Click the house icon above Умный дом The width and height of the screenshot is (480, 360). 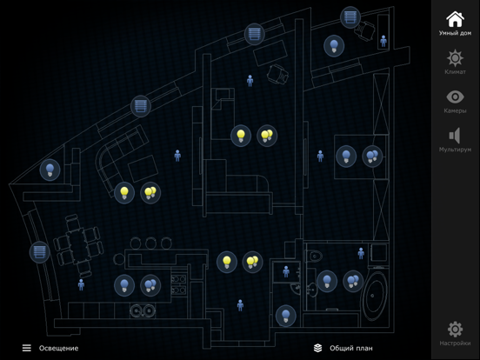[455, 19]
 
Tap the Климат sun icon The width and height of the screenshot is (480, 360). [455, 58]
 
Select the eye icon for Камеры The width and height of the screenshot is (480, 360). [455, 97]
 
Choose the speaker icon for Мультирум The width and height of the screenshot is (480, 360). [455, 136]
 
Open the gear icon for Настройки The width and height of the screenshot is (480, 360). [455, 330]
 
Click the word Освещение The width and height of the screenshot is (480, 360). [58, 348]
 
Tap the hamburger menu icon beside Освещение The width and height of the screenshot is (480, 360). [27, 348]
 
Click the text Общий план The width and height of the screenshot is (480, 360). [351, 348]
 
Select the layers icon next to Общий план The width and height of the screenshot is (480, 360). [317, 348]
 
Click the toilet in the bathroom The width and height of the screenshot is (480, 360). [314, 256]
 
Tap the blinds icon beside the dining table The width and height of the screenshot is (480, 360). [39, 252]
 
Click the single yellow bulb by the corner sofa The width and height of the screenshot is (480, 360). [124, 193]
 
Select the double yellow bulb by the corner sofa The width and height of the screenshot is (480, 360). [150, 193]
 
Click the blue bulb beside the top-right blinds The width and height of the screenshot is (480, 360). [334, 46]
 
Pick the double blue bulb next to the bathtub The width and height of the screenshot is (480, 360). [353, 281]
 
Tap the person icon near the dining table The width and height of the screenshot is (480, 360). [81, 284]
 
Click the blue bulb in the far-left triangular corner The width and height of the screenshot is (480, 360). [50, 170]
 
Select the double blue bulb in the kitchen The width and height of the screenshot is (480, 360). [150, 285]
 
